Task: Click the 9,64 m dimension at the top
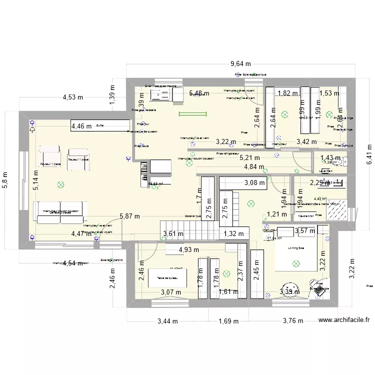(240, 64)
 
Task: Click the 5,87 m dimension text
(130, 216)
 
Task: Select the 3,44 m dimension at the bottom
(170, 321)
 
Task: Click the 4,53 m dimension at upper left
(72, 97)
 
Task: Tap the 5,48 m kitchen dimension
(199, 93)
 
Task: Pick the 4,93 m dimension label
(188, 249)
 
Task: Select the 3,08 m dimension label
(254, 183)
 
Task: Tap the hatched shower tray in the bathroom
(334, 212)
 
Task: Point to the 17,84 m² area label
(273, 238)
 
